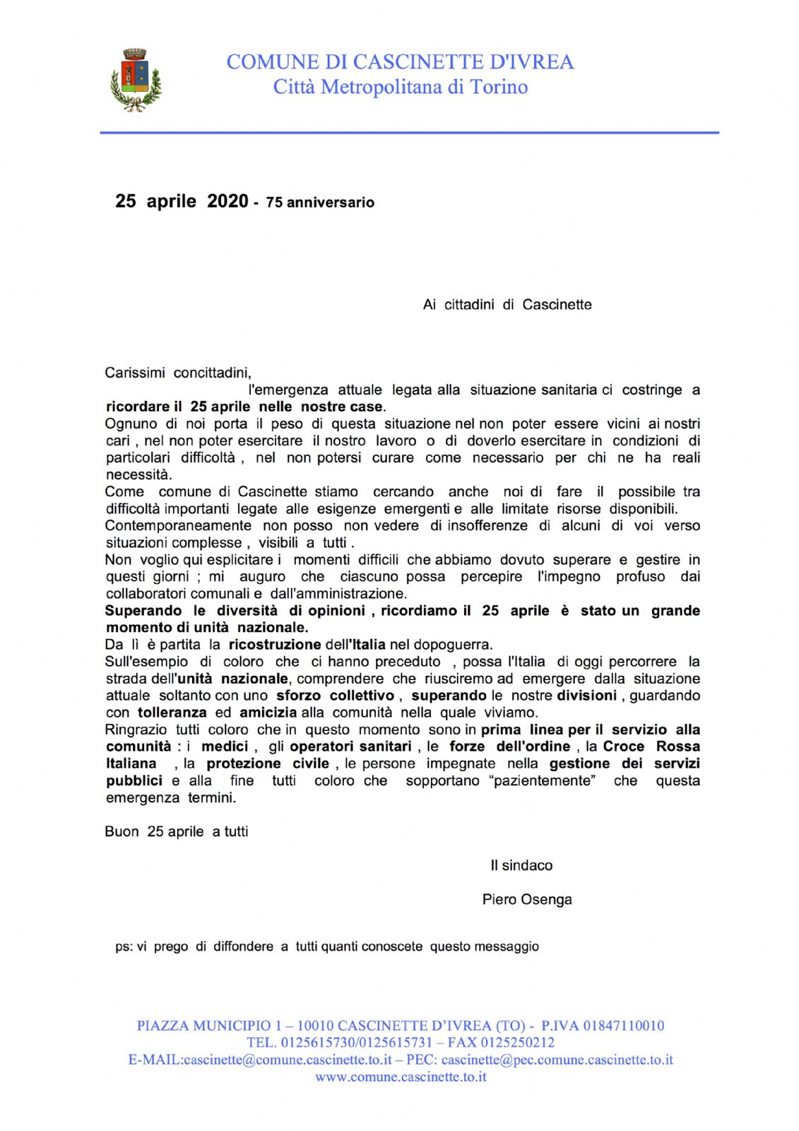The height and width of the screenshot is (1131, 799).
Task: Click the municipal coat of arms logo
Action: pos(136,79)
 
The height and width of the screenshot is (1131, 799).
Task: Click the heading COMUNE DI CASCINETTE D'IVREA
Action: pos(400,62)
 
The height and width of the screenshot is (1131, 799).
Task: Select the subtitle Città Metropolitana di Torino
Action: pos(400,87)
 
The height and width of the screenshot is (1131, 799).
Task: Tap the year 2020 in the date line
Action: pos(227,201)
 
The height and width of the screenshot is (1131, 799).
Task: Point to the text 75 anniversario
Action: pos(320,203)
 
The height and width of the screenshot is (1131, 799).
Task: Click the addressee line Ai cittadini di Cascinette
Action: pos(507,305)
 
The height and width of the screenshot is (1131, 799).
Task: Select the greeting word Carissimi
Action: pos(135,373)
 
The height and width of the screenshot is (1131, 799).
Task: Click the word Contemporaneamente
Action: pos(178,525)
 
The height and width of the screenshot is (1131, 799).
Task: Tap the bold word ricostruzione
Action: pos(275,644)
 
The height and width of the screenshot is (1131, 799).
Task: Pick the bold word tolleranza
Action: pos(172,713)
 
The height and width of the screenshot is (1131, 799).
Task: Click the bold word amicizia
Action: pos(269,713)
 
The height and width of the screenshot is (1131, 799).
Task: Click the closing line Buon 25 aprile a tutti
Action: pos(177,831)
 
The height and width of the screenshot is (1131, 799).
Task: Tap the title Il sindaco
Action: pos(521,865)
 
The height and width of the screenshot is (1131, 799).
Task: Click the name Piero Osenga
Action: pos(527,899)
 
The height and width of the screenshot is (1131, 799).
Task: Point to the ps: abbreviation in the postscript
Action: pos(124,947)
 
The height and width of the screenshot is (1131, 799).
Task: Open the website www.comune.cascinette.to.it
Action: pos(401,1077)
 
